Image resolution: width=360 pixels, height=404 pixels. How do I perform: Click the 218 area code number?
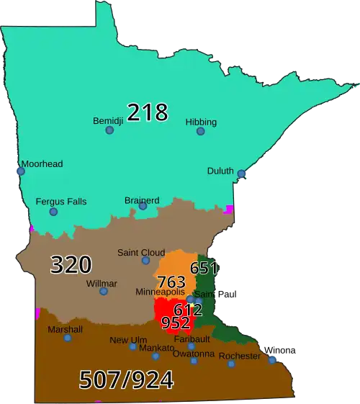(x=148, y=112)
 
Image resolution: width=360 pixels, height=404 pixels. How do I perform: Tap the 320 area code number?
(x=71, y=265)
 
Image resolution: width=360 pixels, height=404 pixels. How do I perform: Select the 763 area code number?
(x=171, y=282)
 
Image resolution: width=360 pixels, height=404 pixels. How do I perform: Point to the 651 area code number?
(x=204, y=269)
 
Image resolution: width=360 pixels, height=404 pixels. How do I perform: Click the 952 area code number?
(x=176, y=323)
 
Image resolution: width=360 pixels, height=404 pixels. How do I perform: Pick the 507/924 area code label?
(x=126, y=379)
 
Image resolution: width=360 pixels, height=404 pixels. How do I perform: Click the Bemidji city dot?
(x=109, y=130)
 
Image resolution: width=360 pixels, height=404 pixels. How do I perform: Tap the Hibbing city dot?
(x=201, y=131)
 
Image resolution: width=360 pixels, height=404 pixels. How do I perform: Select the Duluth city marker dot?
(x=241, y=174)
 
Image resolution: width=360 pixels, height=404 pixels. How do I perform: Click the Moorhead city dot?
(x=21, y=171)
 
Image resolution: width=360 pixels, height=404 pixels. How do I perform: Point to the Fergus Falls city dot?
(x=53, y=212)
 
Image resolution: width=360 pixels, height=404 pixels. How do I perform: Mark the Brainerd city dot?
(x=143, y=207)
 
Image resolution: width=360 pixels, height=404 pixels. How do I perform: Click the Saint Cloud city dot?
(x=145, y=260)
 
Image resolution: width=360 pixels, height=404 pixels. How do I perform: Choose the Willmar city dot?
(x=104, y=291)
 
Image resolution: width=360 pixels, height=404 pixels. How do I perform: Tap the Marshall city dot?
(x=68, y=338)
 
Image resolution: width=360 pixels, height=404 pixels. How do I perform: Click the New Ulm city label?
(x=128, y=340)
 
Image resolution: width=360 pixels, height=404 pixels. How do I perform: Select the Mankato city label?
(x=156, y=348)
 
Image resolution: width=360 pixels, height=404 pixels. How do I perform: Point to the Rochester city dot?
(x=231, y=364)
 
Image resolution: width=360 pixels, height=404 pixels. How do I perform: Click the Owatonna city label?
(x=194, y=354)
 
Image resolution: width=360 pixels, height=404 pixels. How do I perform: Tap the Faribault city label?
(x=192, y=338)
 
